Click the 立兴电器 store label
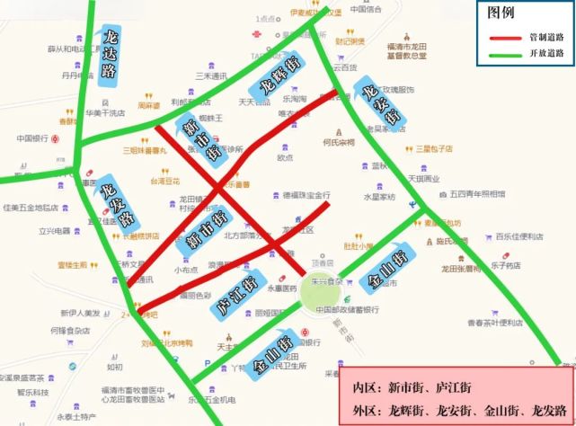[x=54, y=231]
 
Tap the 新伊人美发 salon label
[x=78, y=313]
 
